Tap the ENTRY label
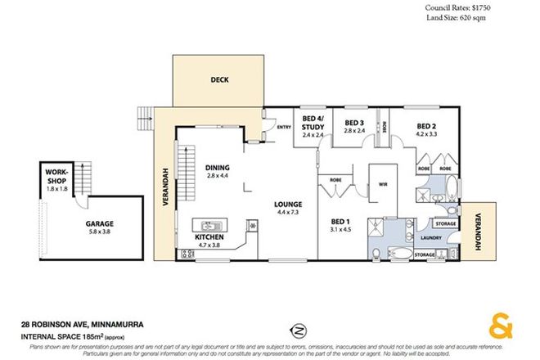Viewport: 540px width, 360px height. click(285, 127)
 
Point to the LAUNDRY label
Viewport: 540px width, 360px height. click(431, 238)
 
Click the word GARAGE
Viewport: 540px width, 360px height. click(100, 223)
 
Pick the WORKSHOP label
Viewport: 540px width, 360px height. click(56, 175)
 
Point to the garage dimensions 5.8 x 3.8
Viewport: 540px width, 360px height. click(100, 232)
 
